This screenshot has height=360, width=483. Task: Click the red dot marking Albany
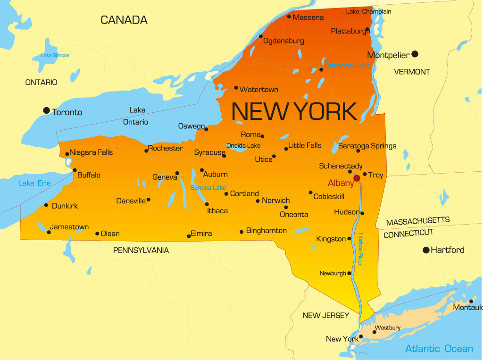tap(357, 178)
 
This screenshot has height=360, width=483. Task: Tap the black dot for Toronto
tap(46, 110)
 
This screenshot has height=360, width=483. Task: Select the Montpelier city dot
tap(415, 54)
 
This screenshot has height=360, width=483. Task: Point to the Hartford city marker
tap(426, 250)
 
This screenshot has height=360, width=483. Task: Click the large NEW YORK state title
tap(294, 111)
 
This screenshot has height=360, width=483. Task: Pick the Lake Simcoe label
tap(55, 56)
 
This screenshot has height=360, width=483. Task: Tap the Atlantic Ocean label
tap(439, 349)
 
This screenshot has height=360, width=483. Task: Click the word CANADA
tap(124, 20)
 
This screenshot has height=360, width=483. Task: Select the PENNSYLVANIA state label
tap(141, 251)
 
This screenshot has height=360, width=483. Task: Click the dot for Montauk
tap(471, 301)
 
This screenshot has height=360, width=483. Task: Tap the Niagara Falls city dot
tap(67, 154)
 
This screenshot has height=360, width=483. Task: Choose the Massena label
tap(308, 17)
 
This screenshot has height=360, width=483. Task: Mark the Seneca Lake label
tap(208, 188)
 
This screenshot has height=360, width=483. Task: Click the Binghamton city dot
tap(241, 232)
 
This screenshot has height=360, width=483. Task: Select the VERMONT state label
tap(412, 72)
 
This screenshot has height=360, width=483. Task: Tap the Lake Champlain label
tap(368, 11)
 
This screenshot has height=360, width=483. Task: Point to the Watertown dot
tap(236, 87)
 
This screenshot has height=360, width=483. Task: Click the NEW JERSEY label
tap(326, 315)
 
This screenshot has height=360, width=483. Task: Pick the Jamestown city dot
tap(49, 232)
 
